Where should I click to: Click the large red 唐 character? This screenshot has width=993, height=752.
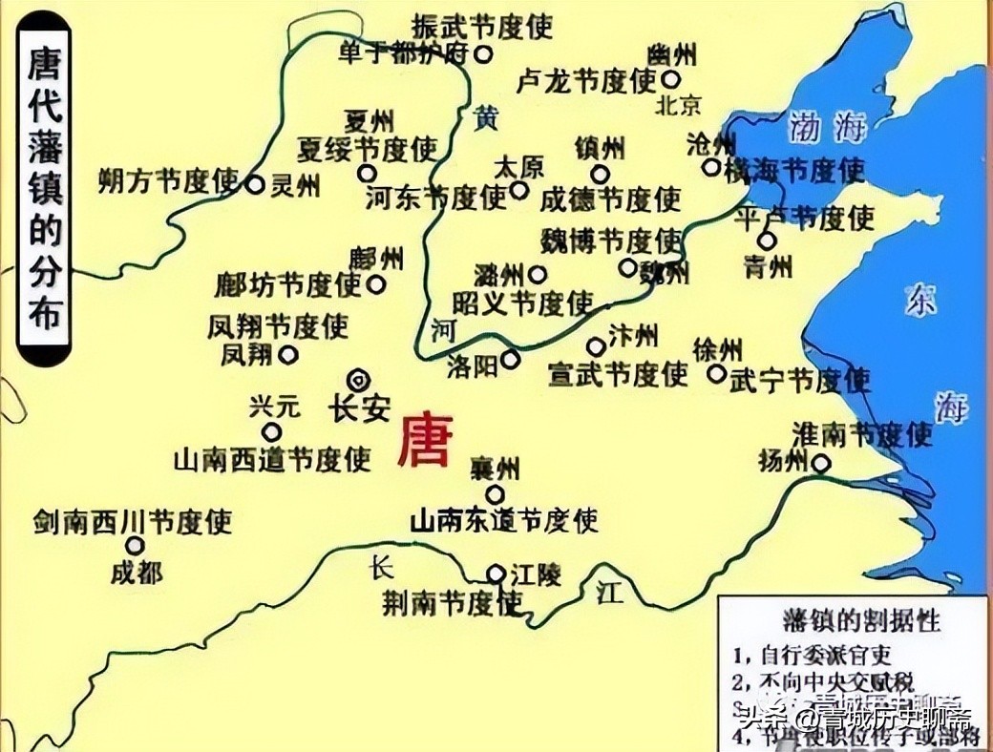click(424, 440)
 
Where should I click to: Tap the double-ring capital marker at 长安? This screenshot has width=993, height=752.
click(359, 379)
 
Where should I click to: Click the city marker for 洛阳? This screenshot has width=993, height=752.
click(511, 360)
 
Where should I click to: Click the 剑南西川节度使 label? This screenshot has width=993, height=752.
click(133, 521)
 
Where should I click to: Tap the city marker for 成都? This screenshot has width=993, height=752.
click(136, 546)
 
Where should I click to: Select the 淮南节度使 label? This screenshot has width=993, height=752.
click(861, 435)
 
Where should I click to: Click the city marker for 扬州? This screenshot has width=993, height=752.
click(821, 465)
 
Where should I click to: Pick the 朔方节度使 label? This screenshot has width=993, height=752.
click(168, 180)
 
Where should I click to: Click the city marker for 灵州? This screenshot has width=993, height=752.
click(255, 185)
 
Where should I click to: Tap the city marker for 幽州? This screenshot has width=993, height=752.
click(671, 79)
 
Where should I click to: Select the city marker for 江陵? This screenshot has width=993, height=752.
click(496, 574)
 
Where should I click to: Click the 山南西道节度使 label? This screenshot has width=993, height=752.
click(272, 460)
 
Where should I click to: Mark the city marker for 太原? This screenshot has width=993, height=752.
click(518, 190)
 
